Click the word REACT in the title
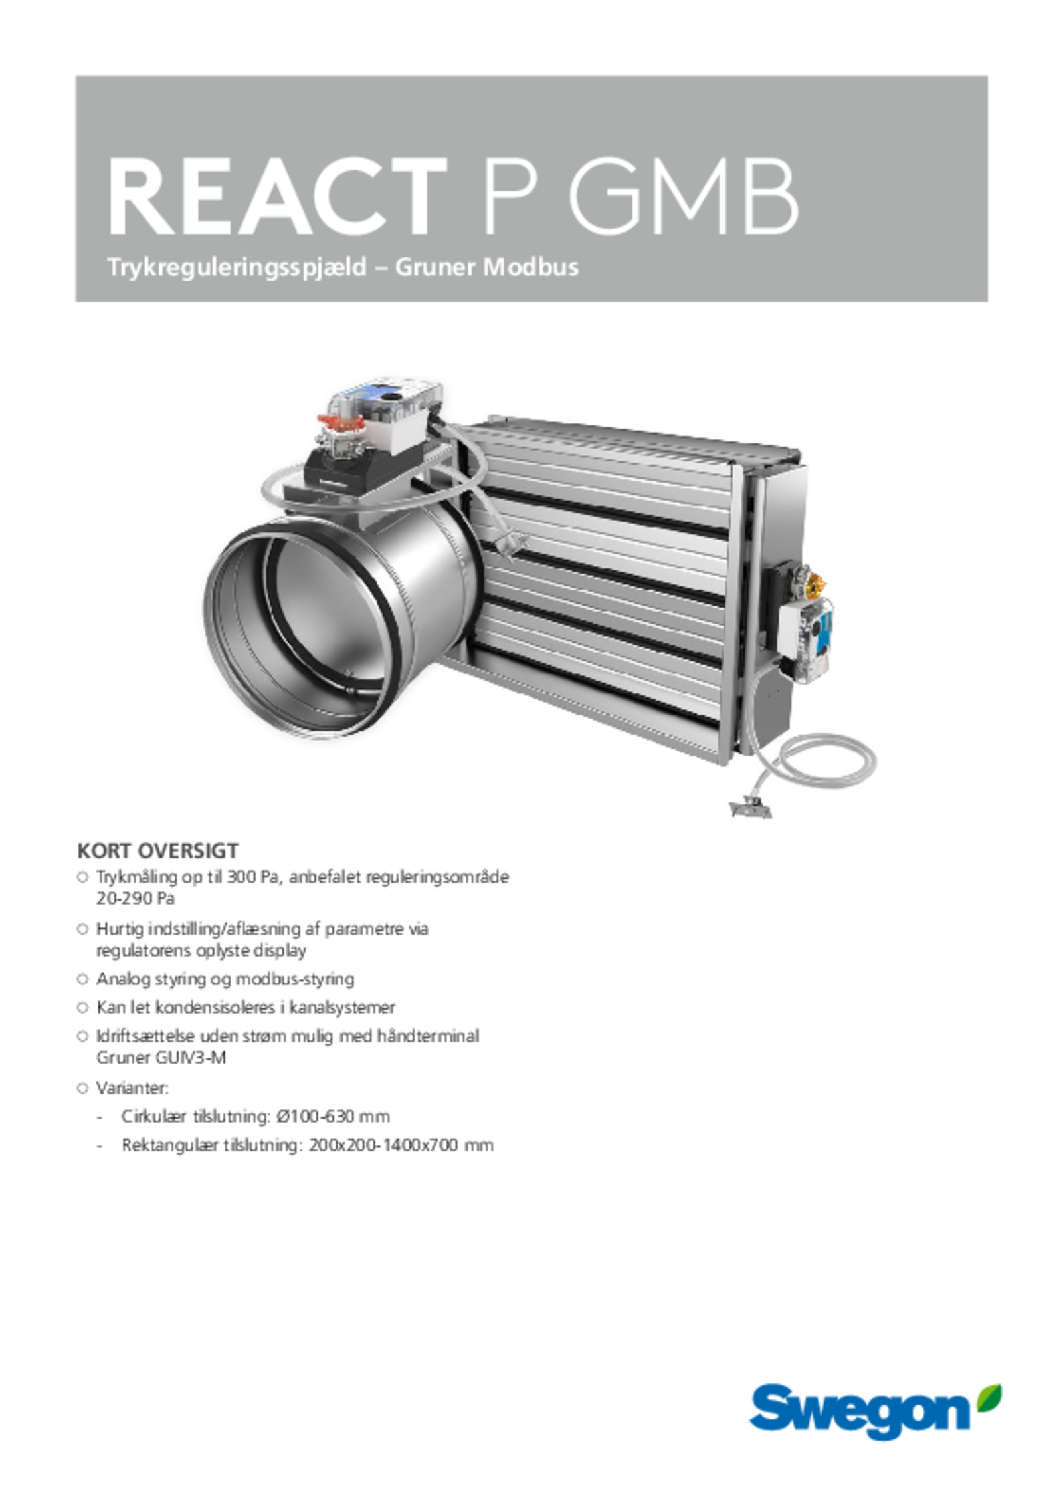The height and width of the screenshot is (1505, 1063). click(x=277, y=197)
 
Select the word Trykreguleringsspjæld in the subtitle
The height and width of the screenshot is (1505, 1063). click(x=237, y=267)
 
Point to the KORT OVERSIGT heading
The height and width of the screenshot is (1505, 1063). click(x=157, y=851)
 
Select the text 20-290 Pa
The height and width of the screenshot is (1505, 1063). click(x=136, y=899)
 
